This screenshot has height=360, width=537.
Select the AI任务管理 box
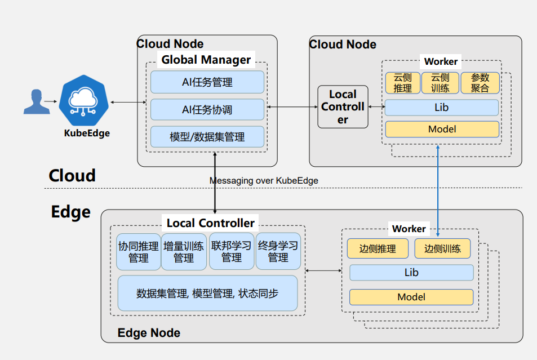[207, 82]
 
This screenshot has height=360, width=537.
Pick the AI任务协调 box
[207, 110]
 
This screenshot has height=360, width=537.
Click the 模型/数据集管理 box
[207, 137]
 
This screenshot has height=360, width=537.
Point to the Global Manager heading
[206, 60]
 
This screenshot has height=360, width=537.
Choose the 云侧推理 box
[402, 83]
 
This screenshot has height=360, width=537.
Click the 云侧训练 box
[440, 83]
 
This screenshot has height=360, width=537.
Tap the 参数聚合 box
[480, 83]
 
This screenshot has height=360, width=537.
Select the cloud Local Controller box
[343, 107]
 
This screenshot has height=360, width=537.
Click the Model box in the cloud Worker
[442, 129]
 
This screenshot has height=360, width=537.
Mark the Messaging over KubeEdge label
[264, 181]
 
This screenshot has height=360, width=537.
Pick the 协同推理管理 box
[138, 252]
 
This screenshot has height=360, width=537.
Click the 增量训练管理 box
[184, 252]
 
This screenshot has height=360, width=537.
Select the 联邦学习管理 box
[231, 252]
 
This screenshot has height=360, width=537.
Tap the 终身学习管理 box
[278, 252]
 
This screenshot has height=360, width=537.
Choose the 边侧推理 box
[378, 248]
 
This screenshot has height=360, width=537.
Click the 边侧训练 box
[442, 248]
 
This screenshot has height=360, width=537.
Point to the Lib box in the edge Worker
[411, 273]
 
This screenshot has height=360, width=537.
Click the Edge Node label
[149, 333]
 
